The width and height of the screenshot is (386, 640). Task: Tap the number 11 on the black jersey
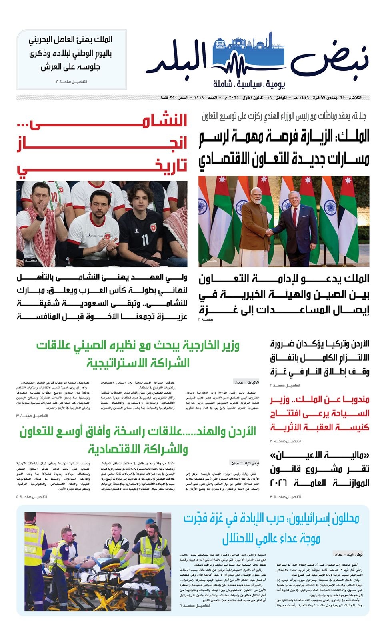click(x=145, y=239)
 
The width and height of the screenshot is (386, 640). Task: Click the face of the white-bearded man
click(x=255, y=197)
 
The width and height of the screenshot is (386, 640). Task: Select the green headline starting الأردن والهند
click(x=138, y=440)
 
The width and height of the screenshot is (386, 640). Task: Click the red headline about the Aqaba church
click(x=320, y=413)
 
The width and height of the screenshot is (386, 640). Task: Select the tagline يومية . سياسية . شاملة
click(x=249, y=85)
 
